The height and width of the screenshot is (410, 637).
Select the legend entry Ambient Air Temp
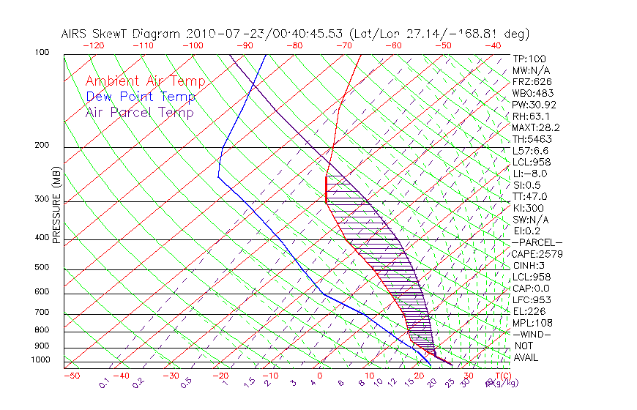[x=145, y=82]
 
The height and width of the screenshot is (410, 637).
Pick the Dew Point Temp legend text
[x=141, y=97]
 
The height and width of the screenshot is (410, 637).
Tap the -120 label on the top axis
[x=94, y=45]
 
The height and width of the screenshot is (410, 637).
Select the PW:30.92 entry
[x=533, y=105]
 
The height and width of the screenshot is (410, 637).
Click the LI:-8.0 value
[x=529, y=174]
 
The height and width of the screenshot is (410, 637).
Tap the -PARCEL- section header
[x=537, y=242]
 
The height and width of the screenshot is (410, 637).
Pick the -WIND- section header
[x=532, y=334]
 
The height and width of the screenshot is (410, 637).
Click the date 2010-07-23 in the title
[x=220, y=34]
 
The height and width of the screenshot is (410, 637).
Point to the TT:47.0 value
[x=529, y=196]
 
